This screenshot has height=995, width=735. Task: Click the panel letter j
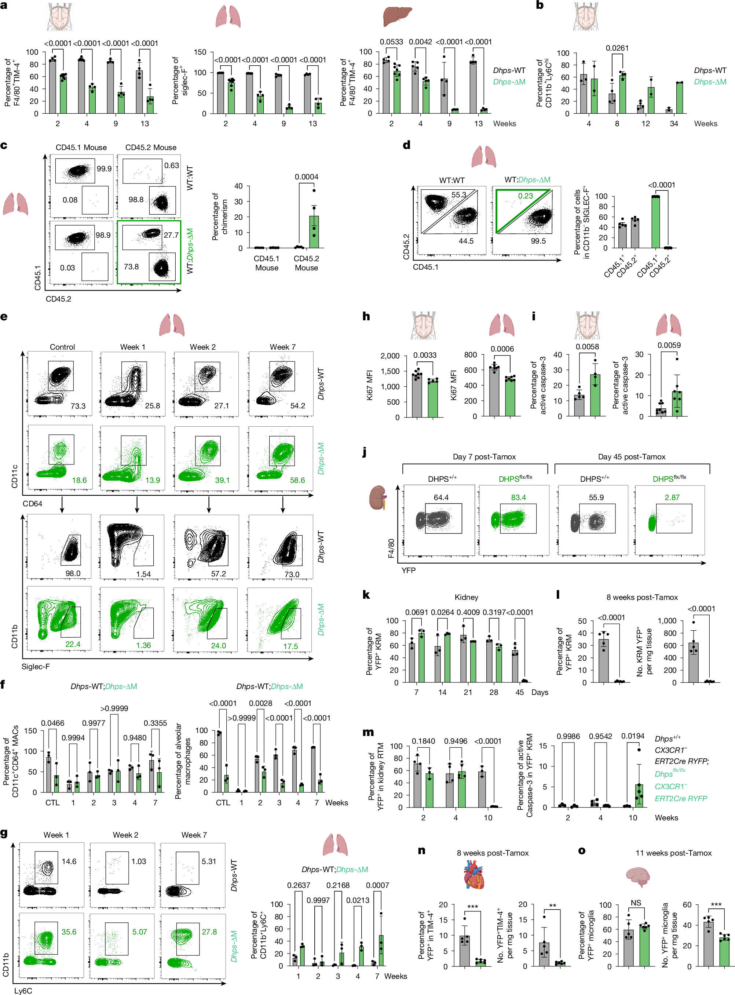(x=365, y=452)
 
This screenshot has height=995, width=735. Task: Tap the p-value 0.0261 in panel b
(x=617, y=48)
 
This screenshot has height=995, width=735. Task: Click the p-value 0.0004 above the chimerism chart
(x=307, y=177)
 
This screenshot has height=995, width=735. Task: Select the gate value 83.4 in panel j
(x=518, y=498)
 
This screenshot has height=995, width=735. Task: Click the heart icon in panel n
(x=473, y=874)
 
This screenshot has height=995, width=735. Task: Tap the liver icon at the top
(x=397, y=17)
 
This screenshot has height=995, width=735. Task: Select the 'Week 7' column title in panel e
(x=282, y=347)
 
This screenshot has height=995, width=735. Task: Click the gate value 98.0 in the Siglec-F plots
(x=73, y=573)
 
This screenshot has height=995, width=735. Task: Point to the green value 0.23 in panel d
(x=526, y=196)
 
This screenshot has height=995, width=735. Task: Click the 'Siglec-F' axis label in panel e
(x=36, y=666)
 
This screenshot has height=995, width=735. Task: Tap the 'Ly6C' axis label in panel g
(x=23, y=991)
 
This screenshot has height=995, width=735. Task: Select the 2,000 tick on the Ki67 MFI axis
(x=390, y=356)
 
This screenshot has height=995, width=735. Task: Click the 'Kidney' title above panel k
(x=466, y=597)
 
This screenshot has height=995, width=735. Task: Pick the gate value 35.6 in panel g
(x=69, y=932)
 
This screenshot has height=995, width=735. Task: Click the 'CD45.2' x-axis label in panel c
(x=58, y=299)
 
